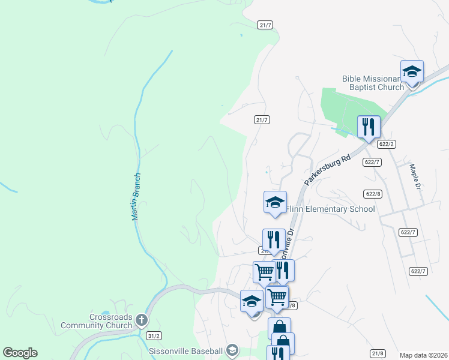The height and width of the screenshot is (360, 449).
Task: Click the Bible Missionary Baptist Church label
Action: (373, 83)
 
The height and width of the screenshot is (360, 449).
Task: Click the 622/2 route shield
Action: (387, 144)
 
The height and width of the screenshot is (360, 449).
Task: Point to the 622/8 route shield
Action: (373, 194)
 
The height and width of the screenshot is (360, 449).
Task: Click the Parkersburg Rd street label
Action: (327, 169)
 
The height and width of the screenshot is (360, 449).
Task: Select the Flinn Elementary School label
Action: (330, 209)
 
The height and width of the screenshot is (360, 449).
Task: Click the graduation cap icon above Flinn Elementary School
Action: (275, 203)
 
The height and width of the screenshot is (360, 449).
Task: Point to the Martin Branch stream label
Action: (136, 196)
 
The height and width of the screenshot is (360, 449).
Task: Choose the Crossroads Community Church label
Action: (96, 321)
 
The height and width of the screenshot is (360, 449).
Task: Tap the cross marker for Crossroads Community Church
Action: (141, 320)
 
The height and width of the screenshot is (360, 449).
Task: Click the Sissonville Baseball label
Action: (185, 350)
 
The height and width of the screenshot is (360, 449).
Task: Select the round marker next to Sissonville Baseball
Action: (232, 350)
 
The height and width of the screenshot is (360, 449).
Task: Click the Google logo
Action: (20, 353)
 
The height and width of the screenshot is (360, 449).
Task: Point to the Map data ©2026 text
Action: (423, 355)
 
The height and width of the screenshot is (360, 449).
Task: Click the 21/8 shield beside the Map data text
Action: (378, 353)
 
